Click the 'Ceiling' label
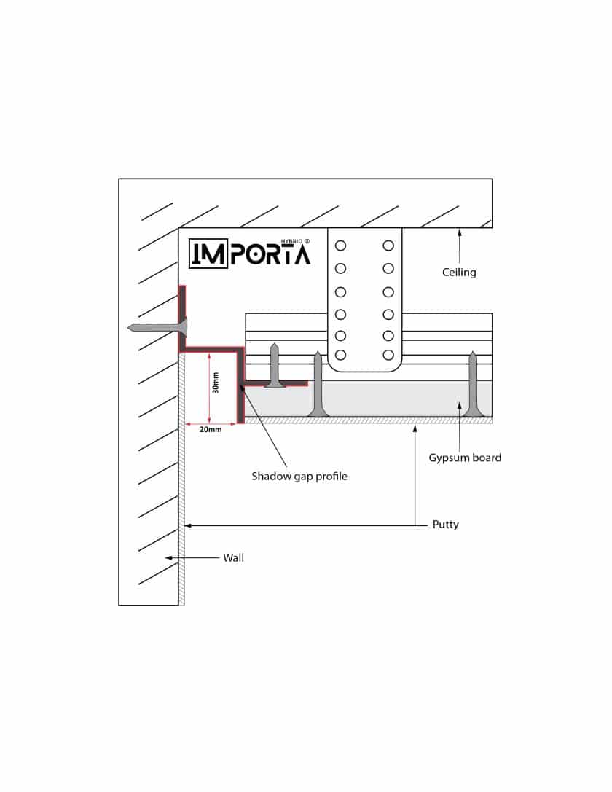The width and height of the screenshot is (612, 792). pyautogui.click(x=459, y=273)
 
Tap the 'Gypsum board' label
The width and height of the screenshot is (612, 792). pyautogui.click(x=465, y=458)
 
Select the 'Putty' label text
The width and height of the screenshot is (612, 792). pyautogui.click(x=445, y=525)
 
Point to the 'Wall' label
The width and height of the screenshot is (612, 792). pyautogui.click(x=233, y=558)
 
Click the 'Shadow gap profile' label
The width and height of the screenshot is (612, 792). pyautogui.click(x=299, y=477)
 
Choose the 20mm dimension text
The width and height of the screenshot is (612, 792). pyautogui.click(x=211, y=430)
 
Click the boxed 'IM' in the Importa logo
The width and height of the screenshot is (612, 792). pyautogui.click(x=208, y=254)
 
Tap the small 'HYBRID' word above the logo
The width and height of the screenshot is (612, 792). pyautogui.click(x=292, y=241)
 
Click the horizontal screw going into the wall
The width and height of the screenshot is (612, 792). pyautogui.click(x=157, y=328)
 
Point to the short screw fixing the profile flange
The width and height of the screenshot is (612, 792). pyautogui.click(x=275, y=365)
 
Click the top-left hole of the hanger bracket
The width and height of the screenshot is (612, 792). pyautogui.click(x=340, y=246)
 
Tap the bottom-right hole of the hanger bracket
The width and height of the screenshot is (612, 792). pyautogui.click(x=388, y=355)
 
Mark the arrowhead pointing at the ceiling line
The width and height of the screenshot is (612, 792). pyautogui.click(x=459, y=233)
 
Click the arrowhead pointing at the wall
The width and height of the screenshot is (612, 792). pyautogui.click(x=169, y=558)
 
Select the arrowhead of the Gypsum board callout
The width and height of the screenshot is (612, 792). pyautogui.click(x=459, y=406)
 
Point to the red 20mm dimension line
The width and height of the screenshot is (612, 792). pyautogui.click(x=211, y=423)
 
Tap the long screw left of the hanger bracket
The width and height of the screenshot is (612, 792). pyautogui.click(x=318, y=385)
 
